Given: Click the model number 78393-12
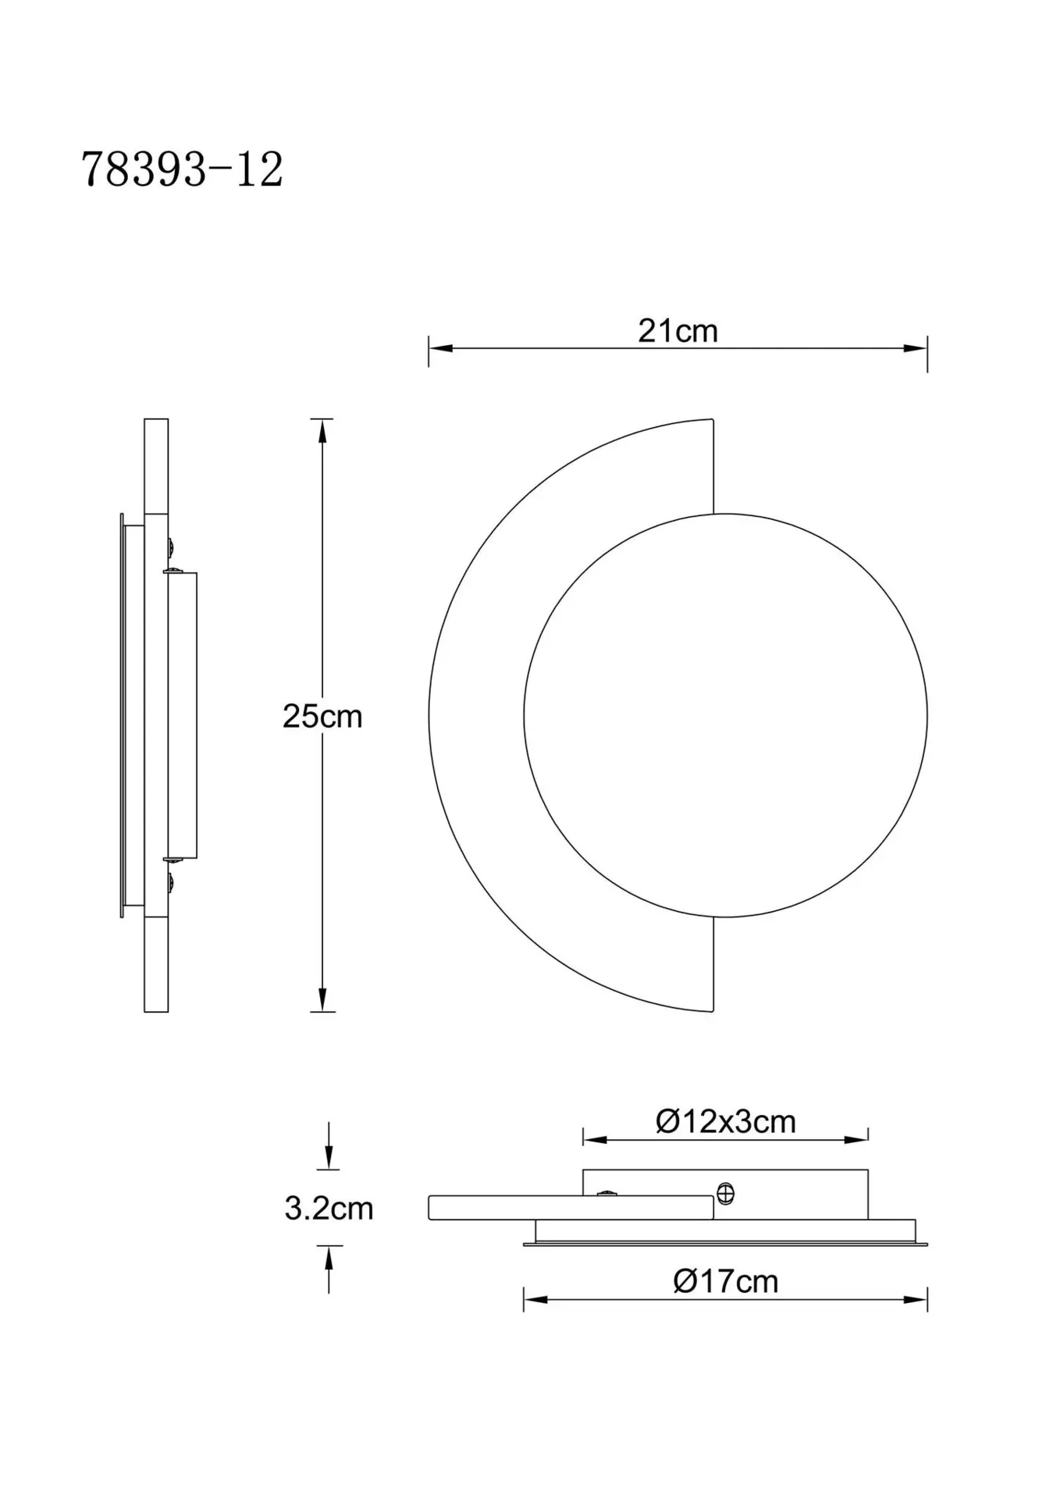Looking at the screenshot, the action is click(x=182, y=169).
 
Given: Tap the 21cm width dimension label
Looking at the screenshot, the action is click(x=678, y=331).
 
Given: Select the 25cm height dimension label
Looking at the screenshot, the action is click(x=322, y=716).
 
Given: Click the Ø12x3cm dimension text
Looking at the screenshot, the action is click(x=725, y=1121).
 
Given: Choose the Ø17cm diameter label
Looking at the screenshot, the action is click(x=725, y=1281).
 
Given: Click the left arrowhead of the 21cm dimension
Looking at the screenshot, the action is click(x=441, y=348).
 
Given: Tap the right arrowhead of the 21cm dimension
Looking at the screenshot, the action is click(x=915, y=348).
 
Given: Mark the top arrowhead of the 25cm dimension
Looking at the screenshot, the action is click(x=322, y=431).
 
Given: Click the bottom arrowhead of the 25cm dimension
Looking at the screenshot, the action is click(x=322, y=999).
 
